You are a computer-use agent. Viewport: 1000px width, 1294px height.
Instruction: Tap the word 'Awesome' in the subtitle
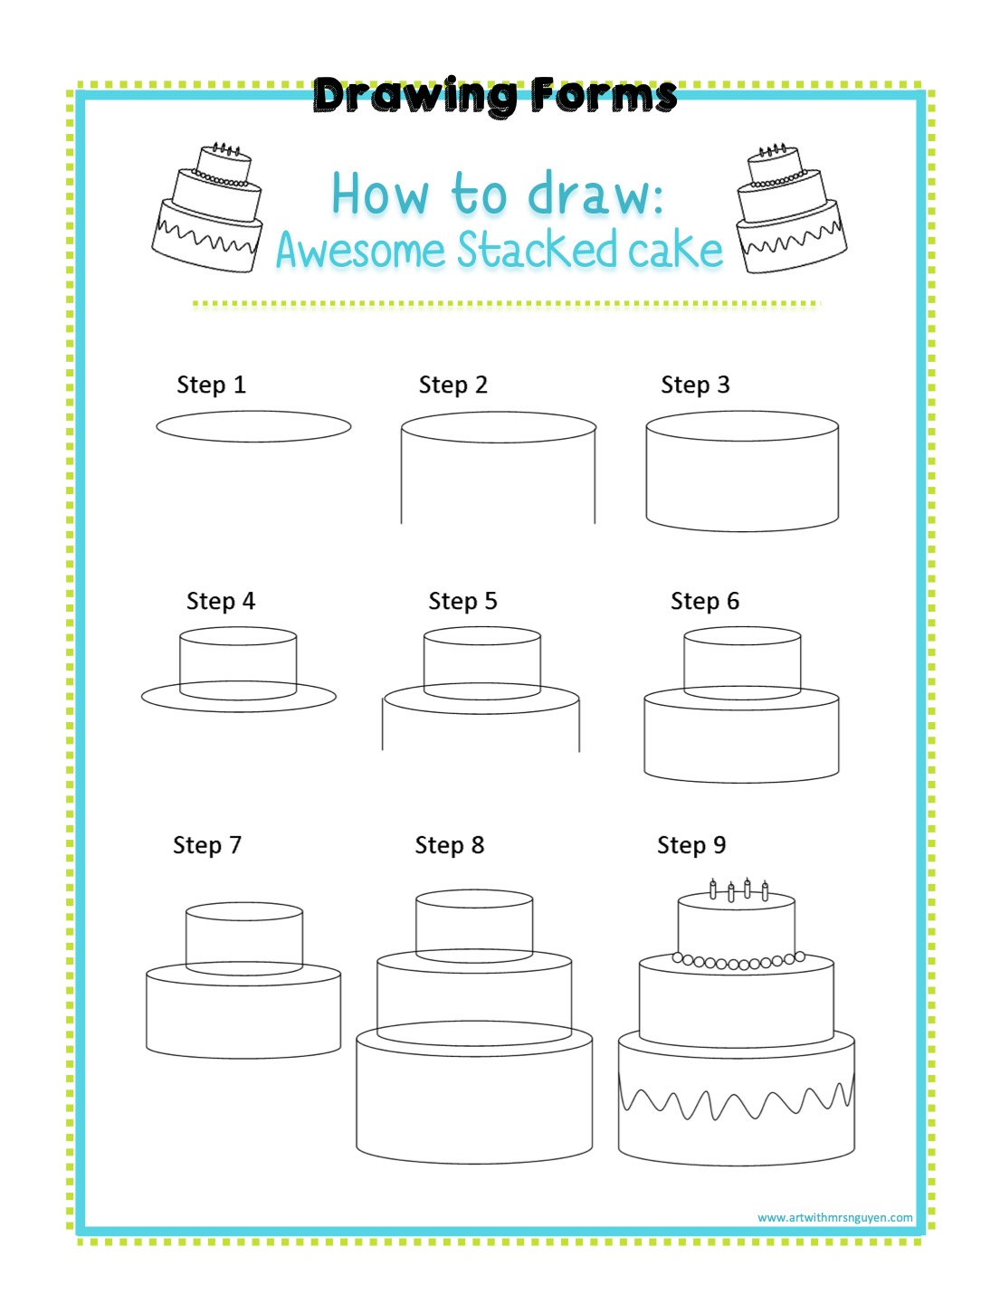[360, 250]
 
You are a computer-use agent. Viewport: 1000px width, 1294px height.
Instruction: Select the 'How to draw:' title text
[498, 194]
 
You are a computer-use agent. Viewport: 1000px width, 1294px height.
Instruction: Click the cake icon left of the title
[207, 207]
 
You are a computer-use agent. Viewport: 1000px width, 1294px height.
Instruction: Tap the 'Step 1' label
[212, 385]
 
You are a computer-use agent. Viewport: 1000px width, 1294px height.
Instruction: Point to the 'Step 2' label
[453, 385]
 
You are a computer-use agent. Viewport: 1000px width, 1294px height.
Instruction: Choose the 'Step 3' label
[695, 385]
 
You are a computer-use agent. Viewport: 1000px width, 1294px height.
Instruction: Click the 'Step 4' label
[221, 601]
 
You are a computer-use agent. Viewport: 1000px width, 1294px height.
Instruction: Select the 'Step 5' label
[462, 601]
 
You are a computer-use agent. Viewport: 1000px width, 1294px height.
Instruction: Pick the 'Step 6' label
[705, 601]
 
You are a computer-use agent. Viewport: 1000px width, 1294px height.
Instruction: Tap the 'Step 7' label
[207, 845]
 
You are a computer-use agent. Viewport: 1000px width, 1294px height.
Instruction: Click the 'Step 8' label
[450, 845]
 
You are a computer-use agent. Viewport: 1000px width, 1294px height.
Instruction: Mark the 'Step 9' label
[691, 845]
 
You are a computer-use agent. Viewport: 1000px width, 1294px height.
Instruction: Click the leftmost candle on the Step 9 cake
[712, 890]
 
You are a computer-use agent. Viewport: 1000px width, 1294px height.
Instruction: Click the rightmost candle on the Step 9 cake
[765, 891]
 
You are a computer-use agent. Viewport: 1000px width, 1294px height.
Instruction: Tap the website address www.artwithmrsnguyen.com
[835, 1217]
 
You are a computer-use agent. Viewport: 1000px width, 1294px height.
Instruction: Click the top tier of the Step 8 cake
[474, 925]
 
